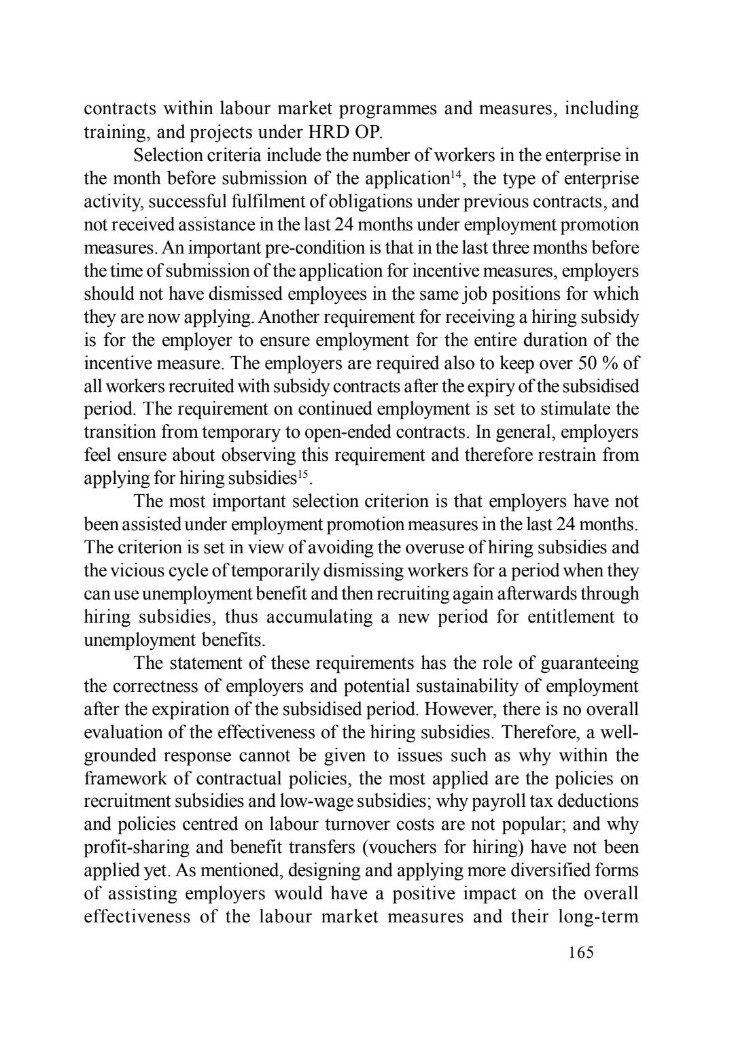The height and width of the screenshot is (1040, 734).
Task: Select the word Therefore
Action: (540, 732)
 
